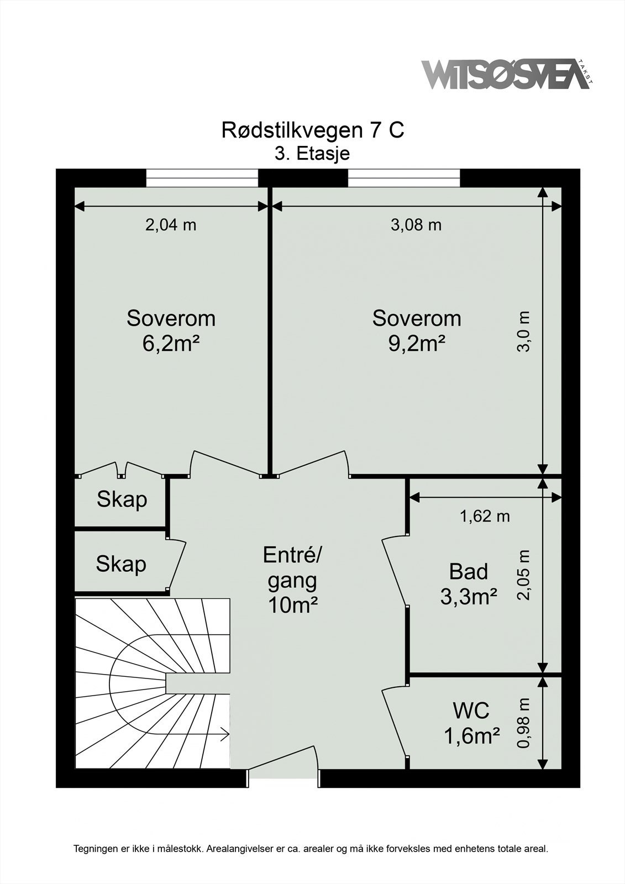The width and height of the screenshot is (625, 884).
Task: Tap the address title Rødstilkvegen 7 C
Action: click(313, 130)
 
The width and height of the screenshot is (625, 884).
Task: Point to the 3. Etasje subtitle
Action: click(312, 153)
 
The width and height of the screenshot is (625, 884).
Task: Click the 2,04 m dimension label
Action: click(171, 225)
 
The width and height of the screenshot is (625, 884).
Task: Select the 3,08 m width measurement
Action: click(416, 225)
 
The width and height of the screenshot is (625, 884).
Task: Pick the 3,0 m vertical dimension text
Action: click(523, 331)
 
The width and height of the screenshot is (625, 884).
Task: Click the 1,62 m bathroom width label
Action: click(485, 516)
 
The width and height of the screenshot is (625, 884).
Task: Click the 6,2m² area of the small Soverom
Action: click(170, 344)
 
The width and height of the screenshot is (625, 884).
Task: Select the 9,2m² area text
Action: click(417, 344)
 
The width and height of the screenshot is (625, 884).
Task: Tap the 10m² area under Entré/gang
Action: click(293, 605)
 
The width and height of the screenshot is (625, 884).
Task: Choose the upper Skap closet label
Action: click(122, 500)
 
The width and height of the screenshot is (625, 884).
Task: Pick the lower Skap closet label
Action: click(121, 564)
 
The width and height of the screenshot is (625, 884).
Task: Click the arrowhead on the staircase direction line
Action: click(226, 734)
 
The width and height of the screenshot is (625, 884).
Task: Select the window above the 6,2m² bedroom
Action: click(202, 178)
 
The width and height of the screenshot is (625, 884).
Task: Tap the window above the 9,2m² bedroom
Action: click(404, 178)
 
